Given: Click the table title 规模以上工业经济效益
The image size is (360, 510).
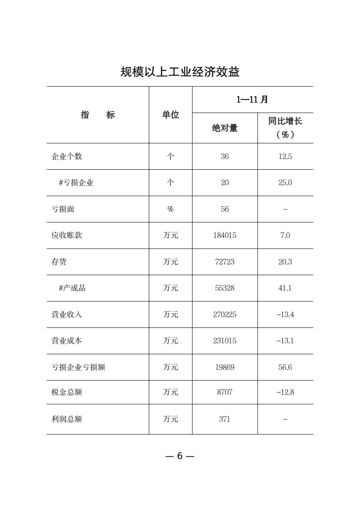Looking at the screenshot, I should (x=180, y=72).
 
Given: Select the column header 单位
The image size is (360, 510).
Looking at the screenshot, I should (x=171, y=115).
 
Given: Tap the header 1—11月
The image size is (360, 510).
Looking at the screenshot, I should (x=252, y=100).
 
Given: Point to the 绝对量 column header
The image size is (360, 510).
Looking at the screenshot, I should (x=225, y=128).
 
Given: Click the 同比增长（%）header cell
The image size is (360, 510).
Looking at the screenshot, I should (x=285, y=128).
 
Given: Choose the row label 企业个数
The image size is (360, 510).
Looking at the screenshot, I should (x=67, y=156).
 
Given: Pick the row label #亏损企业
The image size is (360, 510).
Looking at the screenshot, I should (x=76, y=183).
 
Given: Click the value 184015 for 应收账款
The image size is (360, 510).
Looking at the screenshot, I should (x=225, y=235).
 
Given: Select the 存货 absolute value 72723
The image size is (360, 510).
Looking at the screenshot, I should (x=225, y=262).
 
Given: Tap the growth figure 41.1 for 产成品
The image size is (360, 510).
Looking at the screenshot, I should (x=285, y=288).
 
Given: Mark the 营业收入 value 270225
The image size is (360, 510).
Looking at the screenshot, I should (x=225, y=315).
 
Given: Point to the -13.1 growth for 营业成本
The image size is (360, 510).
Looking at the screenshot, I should (x=285, y=341).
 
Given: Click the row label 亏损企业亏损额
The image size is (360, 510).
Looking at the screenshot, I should (x=78, y=367).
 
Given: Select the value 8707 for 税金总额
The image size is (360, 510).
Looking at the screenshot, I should (x=225, y=392).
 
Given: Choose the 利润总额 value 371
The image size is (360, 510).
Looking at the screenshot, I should (x=225, y=419).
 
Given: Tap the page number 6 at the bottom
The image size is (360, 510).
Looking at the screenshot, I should (x=180, y=456).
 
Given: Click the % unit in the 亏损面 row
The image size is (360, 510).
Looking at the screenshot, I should (x=171, y=209).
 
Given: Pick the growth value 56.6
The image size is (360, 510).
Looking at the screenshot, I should (x=285, y=367).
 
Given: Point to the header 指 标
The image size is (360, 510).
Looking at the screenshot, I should (x=98, y=115).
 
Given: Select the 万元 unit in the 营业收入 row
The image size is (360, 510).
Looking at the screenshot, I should (x=171, y=315).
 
